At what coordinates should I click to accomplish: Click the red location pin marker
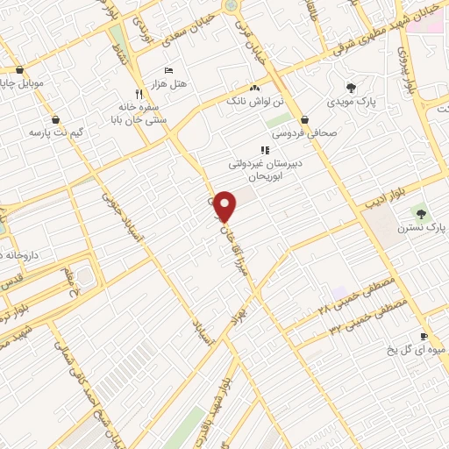[x=225, y=205]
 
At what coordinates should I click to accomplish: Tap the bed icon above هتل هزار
[x=169, y=70]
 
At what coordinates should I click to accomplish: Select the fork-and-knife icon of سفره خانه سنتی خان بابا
[x=138, y=92]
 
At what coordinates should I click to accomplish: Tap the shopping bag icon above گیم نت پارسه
[x=56, y=119]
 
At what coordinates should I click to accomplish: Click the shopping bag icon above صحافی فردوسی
[x=303, y=120]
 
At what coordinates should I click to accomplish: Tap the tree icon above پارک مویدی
[x=352, y=88]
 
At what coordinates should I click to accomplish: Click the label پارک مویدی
[x=353, y=101]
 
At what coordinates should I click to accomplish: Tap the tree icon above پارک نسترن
[x=421, y=213]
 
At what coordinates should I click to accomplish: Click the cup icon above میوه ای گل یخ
[x=424, y=337]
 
